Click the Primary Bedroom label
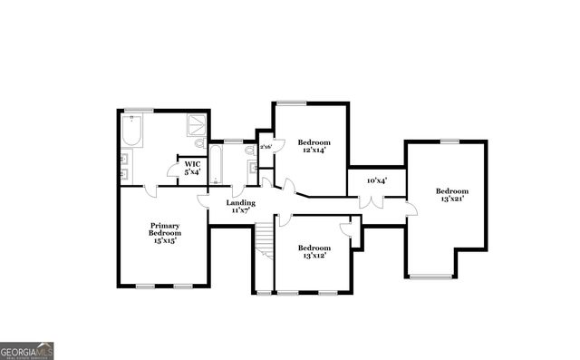pyautogui.click(x=165, y=232)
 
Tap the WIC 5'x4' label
pyautogui.click(x=192, y=168)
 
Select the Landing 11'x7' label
pyautogui.click(x=242, y=207)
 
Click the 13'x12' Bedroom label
pyautogui.click(x=314, y=251)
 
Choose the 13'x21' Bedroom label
pyautogui.click(x=450, y=195)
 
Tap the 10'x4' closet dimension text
pyautogui.click(x=376, y=180)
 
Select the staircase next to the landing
pyautogui.click(x=263, y=239)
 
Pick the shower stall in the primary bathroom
pyautogui.click(x=196, y=125)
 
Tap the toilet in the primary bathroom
pyautogui.click(x=199, y=143)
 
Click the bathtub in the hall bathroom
pyautogui.click(x=217, y=162)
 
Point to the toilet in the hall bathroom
pyautogui.click(x=249, y=151)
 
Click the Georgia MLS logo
pyautogui.click(x=27, y=350)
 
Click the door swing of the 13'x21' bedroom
pyautogui.click(x=411, y=209)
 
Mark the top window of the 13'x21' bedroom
pyautogui.click(x=449, y=141)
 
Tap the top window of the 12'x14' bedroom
pyautogui.click(x=290, y=102)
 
